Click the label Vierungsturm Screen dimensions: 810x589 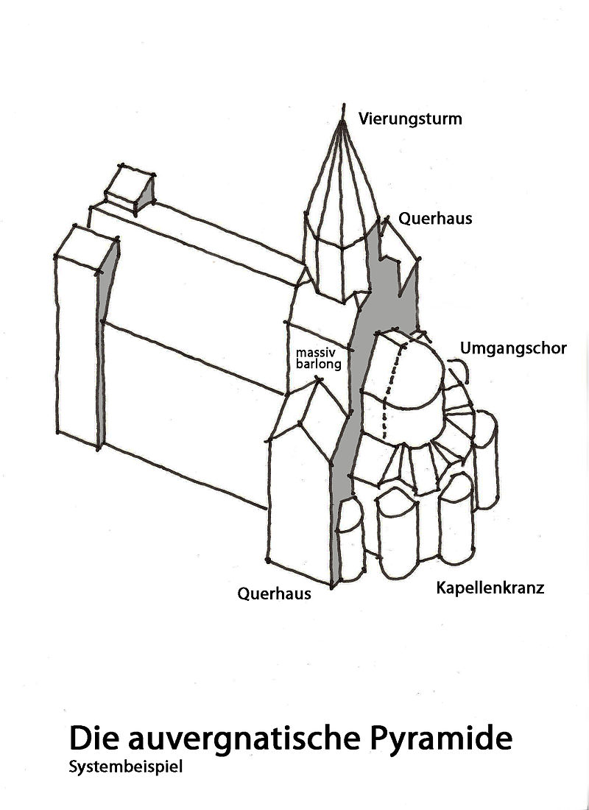point(410,119)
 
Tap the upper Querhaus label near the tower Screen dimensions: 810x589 point(435,219)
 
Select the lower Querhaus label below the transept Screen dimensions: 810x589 point(274,594)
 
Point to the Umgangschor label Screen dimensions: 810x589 point(513,348)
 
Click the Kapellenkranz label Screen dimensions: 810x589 point(490,588)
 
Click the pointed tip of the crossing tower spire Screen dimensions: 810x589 point(342,121)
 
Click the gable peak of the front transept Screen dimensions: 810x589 point(318,379)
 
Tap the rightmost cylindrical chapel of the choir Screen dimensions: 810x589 point(486,460)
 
